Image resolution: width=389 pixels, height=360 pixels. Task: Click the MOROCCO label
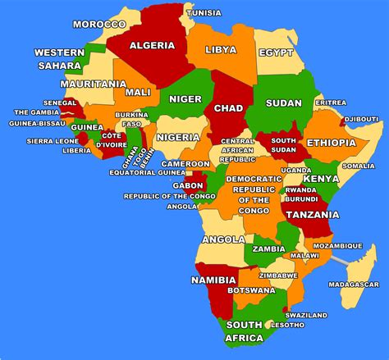click(99, 24)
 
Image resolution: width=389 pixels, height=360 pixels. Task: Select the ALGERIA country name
click(153, 44)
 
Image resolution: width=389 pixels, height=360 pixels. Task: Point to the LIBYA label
click(221, 49)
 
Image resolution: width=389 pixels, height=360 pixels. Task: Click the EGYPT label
click(276, 52)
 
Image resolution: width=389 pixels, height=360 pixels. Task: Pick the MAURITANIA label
click(94, 84)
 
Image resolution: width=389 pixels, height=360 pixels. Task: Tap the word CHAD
click(229, 108)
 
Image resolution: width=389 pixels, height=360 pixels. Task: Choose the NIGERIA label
click(178, 137)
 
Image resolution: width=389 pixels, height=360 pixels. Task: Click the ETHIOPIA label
click(331, 143)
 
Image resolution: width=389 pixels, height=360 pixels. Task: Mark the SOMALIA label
click(359, 166)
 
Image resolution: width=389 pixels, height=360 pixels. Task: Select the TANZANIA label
click(310, 214)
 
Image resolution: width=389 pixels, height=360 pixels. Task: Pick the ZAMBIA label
click(269, 248)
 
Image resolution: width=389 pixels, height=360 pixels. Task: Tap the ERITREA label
click(331, 103)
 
